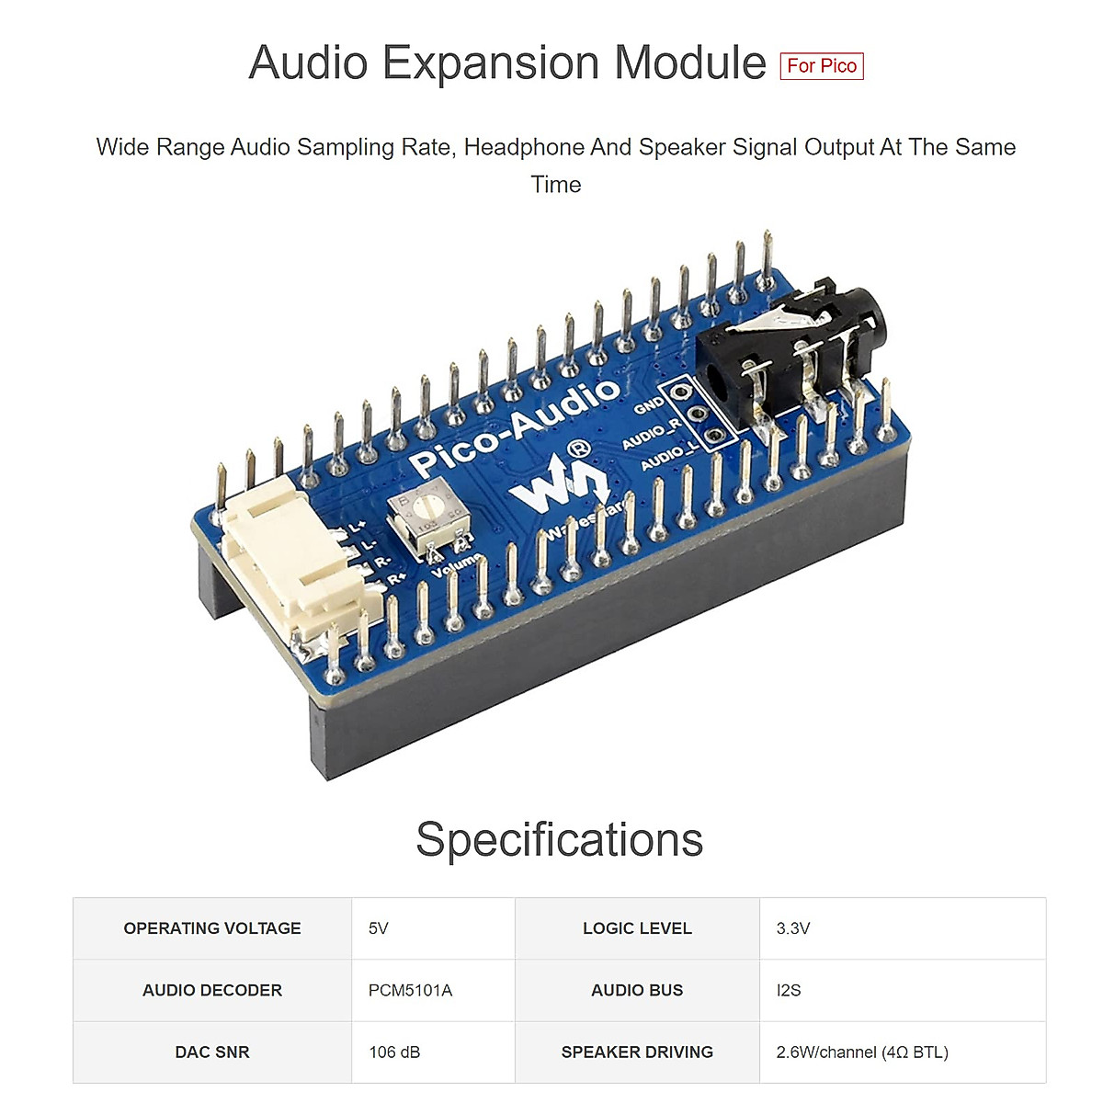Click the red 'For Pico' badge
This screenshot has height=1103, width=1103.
(x=821, y=66)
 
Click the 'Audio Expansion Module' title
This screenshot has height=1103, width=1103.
(x=506, y=63)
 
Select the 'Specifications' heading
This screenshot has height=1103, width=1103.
(x=559, y=839)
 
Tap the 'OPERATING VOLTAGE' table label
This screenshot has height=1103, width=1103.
(x=212, y=928)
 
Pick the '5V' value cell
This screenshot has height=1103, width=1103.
(x=379, y=928)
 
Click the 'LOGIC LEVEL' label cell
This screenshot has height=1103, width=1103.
(x=637, y=928)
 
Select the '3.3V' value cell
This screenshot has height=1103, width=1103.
(x=792, y=928)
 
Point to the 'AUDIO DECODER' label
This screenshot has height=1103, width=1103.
(x=212, y=990)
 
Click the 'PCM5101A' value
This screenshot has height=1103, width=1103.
(x=410, y=990)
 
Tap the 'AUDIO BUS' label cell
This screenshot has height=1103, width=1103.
(x=637, y=990)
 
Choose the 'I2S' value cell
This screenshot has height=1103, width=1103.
(x=789, y=990)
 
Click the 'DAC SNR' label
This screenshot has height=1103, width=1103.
(x=212, y=1052)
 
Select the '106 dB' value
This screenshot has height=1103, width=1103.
(x=394, y=1052)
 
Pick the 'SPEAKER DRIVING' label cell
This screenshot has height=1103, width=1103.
(x=637, y=1052)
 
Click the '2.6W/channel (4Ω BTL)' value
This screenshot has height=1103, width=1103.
(x=861, y=1052)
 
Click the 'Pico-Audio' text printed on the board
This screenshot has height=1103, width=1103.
(x=515, y=426)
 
